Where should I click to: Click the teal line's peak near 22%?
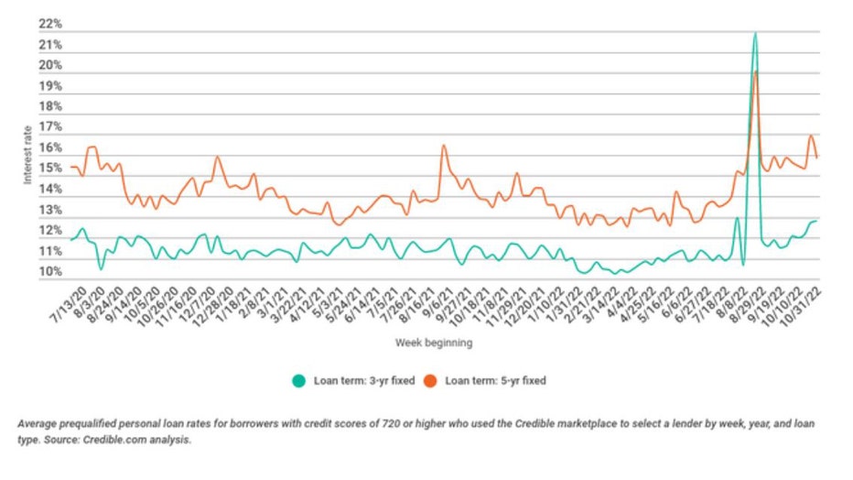tap(754, 34)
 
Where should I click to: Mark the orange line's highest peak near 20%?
tap(755, 71)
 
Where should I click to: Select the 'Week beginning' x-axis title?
tap(434, 343)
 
